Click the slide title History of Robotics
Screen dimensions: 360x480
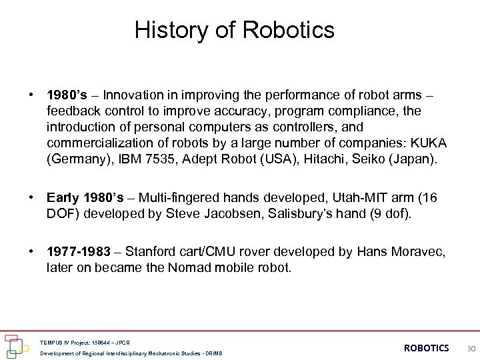[234, 30]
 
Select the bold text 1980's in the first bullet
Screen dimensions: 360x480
[65, 95]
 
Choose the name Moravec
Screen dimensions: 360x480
[417, 251]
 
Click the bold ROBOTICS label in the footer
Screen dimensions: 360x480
[427, 348]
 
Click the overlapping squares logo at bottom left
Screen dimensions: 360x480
[13, 345]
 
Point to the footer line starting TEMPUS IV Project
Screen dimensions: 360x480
[85, 343]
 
